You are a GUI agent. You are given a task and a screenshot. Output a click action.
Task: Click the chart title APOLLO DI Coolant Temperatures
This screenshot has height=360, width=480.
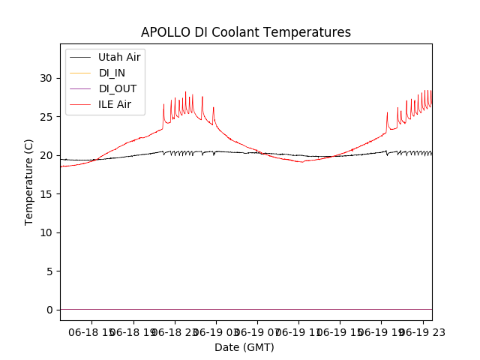click(246, 32)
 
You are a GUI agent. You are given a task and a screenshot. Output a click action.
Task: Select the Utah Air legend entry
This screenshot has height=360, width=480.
click(119, 57)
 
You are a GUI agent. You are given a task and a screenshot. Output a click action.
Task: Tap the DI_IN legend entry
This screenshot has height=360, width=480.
click(112, 73)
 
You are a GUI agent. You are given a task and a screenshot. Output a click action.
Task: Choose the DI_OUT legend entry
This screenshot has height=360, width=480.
click(118, 88)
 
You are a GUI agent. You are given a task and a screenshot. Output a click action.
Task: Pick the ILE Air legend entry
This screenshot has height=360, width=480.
click(115, 104)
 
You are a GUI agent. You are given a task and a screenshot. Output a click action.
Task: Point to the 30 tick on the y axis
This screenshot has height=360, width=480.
click(49, 78)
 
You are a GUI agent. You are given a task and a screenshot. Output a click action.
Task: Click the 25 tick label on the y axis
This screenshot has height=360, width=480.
click(49, 117)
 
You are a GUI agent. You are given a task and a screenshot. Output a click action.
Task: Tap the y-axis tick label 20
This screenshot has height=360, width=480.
click(49, 155)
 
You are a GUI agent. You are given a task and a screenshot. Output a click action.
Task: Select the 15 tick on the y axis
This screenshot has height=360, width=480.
click(49, 194)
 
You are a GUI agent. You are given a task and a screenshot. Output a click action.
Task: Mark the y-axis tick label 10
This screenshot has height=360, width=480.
click(49, 232)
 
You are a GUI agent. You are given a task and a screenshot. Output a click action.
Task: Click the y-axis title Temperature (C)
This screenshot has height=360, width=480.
click(29, 181)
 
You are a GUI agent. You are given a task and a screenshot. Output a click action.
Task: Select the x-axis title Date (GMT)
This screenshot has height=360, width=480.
click(244, 347)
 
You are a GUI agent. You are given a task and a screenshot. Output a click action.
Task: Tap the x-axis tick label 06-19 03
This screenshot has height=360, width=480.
click(215, 331)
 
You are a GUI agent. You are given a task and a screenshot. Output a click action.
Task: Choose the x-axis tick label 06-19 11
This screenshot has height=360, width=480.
click(298, 331)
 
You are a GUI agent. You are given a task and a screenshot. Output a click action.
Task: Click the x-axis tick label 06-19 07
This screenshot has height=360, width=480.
click(256, 331)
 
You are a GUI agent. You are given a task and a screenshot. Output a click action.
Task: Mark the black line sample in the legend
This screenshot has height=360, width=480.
click(79, 57)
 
